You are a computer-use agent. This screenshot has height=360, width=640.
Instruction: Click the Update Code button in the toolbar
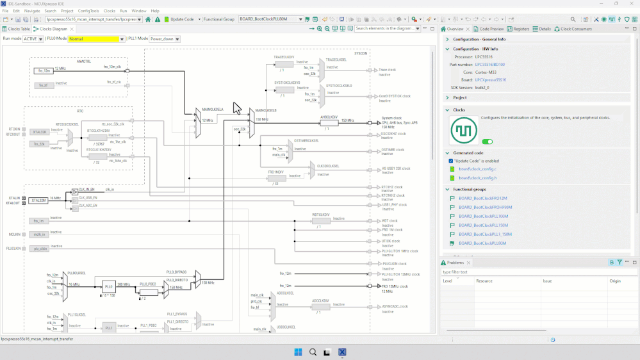coord(181,19)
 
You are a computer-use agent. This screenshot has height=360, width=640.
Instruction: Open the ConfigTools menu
coord(88,11)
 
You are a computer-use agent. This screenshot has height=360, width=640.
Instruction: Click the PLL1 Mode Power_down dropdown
coord(165,39)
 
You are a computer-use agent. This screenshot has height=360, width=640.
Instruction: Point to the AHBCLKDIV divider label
coord(329,117)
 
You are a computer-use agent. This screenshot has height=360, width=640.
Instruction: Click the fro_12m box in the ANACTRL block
coord(44,70)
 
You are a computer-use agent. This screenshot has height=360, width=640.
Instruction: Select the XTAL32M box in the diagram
coord(38,200)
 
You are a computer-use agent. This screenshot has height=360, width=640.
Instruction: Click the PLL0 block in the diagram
coord(108,286)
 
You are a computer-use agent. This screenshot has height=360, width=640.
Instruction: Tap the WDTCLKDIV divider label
coord(321,215)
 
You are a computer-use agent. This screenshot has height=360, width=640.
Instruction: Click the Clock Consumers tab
coord(575,29)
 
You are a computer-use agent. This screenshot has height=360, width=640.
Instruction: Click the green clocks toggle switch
coord(487,142)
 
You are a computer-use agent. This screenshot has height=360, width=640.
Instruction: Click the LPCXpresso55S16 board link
coord(490,80)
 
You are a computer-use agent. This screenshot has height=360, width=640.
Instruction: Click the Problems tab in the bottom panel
coord(455,263)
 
